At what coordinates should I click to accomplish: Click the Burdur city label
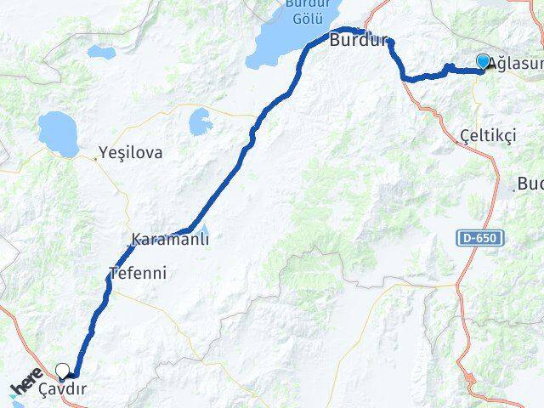point(359,41)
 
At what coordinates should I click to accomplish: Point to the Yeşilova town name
point(131,154)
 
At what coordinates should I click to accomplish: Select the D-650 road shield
point(479,239)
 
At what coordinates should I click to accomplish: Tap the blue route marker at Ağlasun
point(484,62)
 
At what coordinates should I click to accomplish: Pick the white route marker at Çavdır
point(65,370)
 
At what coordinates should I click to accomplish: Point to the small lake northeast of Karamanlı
point(201,122)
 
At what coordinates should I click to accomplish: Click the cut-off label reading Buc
point(530,184)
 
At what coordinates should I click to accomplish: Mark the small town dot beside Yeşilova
point(95,157)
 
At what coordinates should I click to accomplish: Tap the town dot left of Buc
point(516,188)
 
